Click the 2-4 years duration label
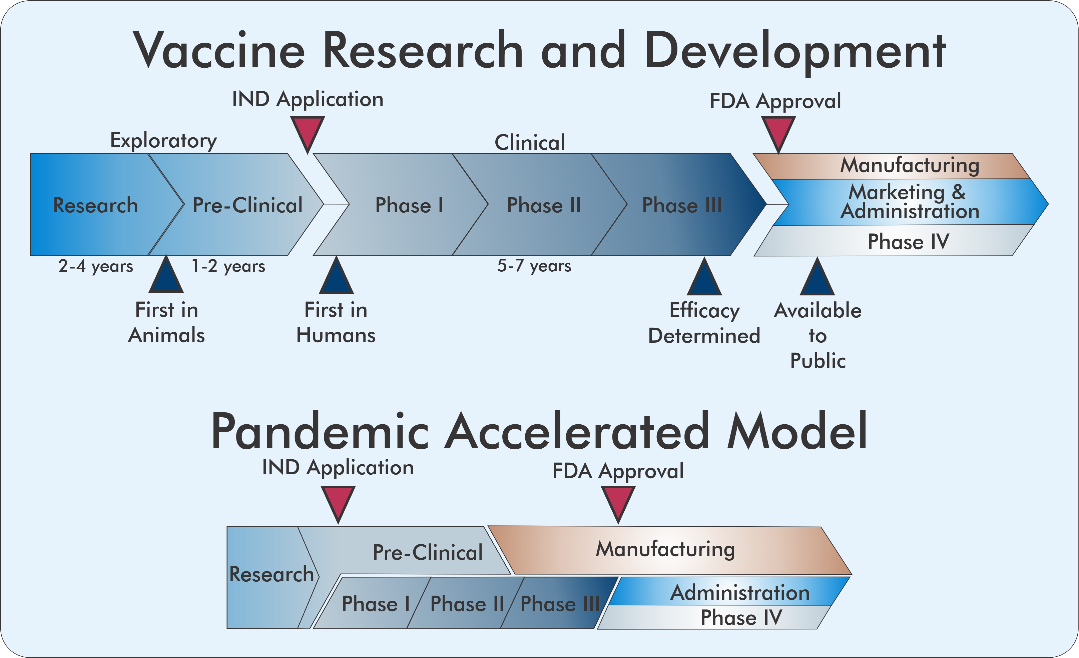pyautogui.click(x=95, y=266)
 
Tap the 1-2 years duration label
pyautogui.click(x=228, y=266)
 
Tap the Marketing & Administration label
pyautogui.click(x=909, y=202)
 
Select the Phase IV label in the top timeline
pyautogui.click(x=908, y=241)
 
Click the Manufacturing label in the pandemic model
pyautogui.click(x=665, y=549)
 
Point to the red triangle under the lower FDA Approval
pyautogui.click(x=618, y=501)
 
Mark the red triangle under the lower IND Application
pyautogui.click(x=338, y=501)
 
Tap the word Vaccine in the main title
pyautogui.click(x=219, y=50)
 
